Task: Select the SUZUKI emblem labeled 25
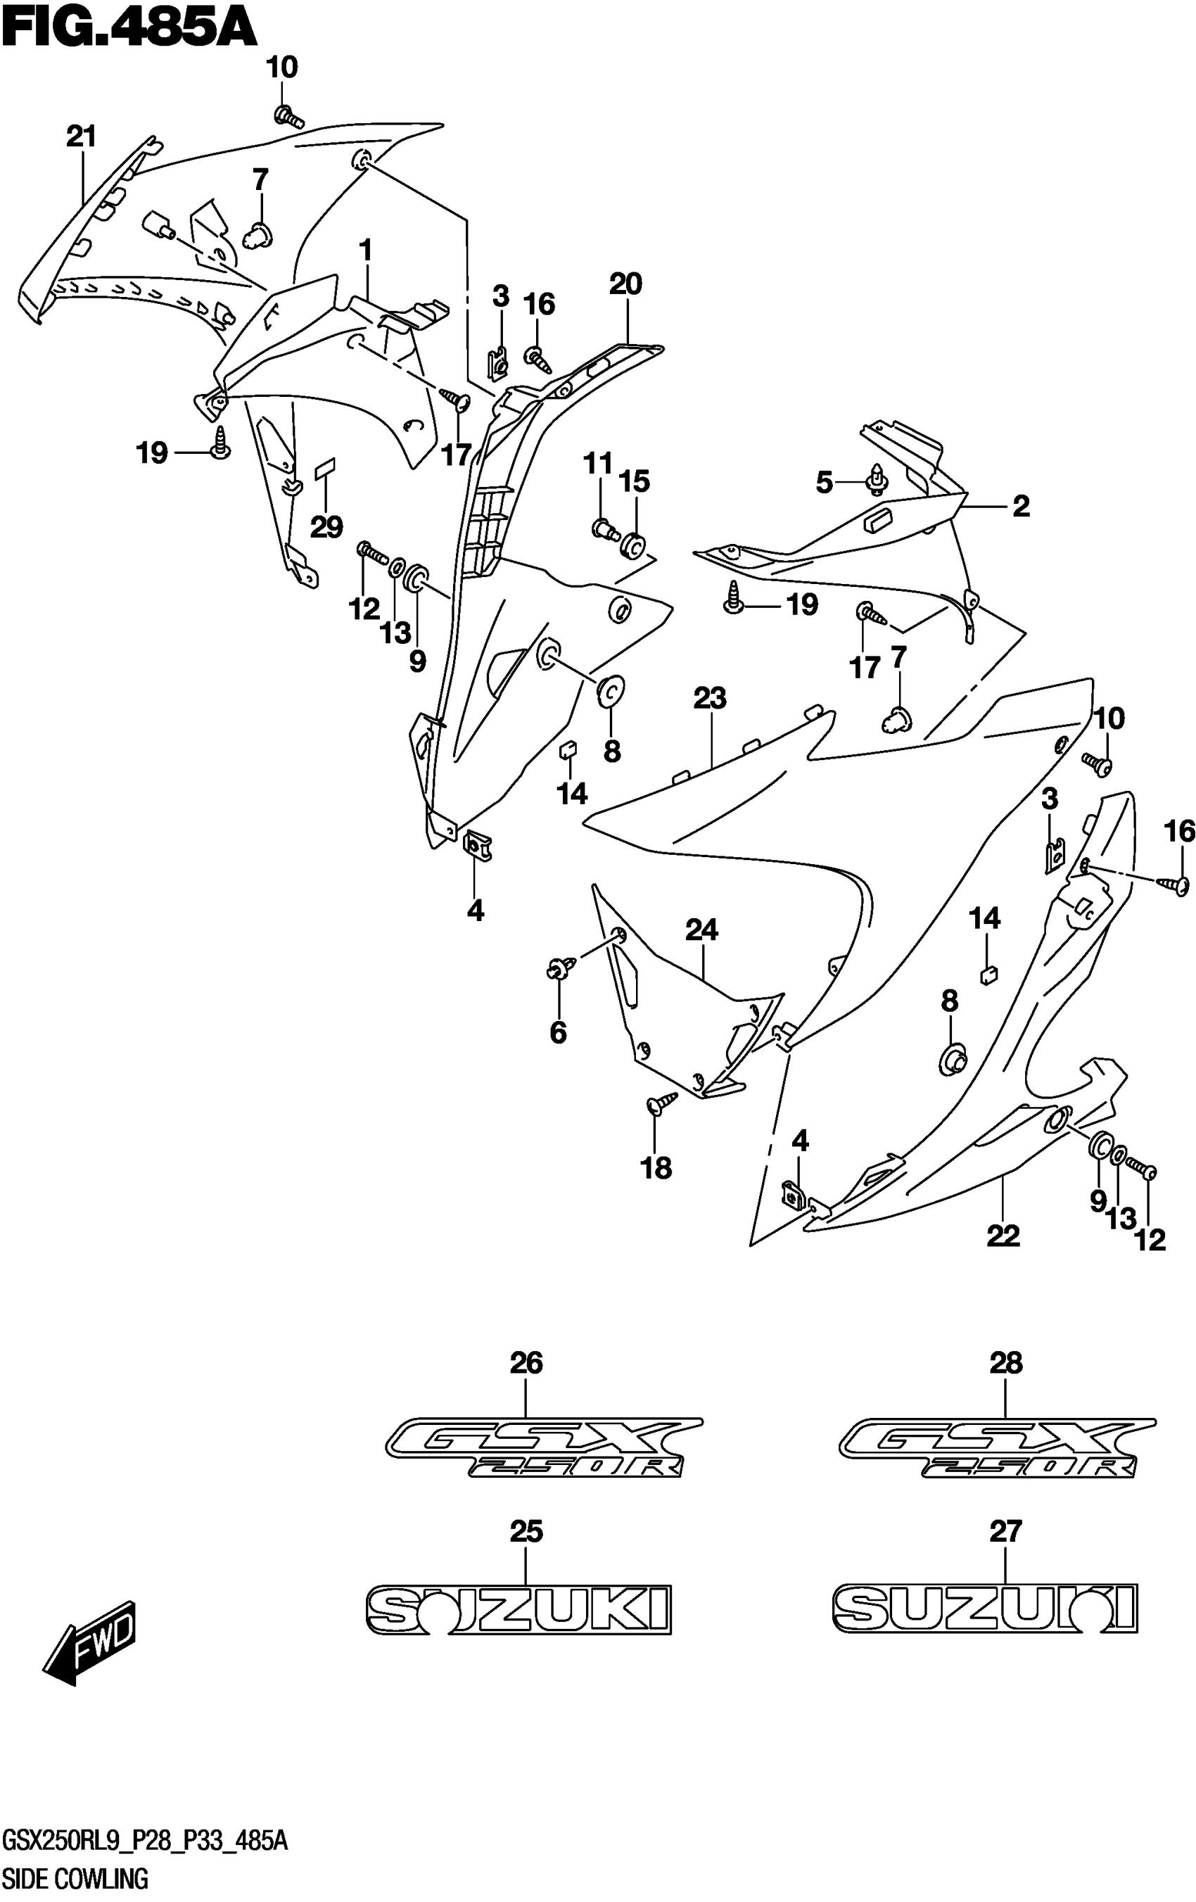(x=519, y=1609)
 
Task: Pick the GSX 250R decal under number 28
(x=997, y=1447)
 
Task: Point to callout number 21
(x=81, y=137)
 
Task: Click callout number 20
(x=625, y=284)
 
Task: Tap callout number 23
(x=709, y=698)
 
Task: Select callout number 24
(x=701, y=930)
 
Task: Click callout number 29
(x=326, y=526)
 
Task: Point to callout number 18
(x=656, y=1167)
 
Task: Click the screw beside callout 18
(x=661, y=1102)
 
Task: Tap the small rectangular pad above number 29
(x=324, y=470)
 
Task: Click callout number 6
(x=558, y=1032)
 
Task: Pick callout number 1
(x=365, y=251)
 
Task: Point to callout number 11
(x=598, y=464)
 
